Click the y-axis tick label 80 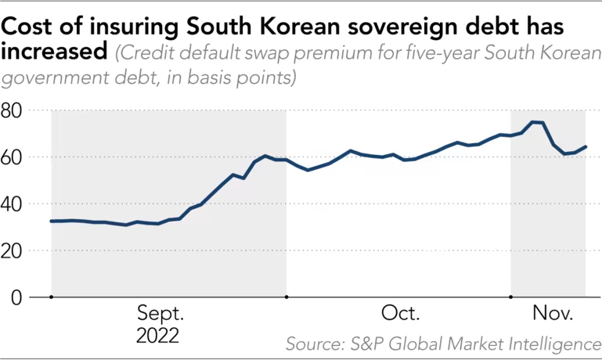click(x=13, y=110)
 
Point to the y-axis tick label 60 click(x=13, y=157)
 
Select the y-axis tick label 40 click(x=13, y=204)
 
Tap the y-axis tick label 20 click(x=13, y=251)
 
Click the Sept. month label click(x=160, y=315)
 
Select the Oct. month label click(x=400, y=315)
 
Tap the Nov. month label click(x=553, y=315)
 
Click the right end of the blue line click(x=586, y=147)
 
